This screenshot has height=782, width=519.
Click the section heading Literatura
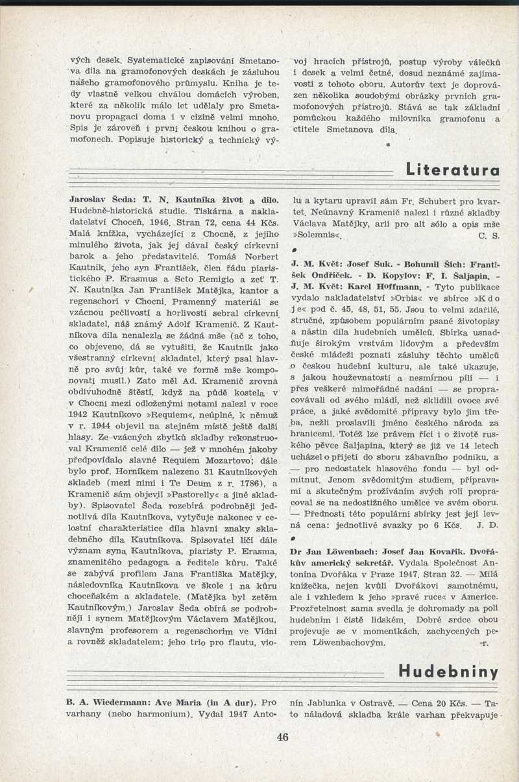[x=453, y=171]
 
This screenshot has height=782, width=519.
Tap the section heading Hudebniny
[x=448, y=671]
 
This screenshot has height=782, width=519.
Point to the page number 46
[x=282, y=737]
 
